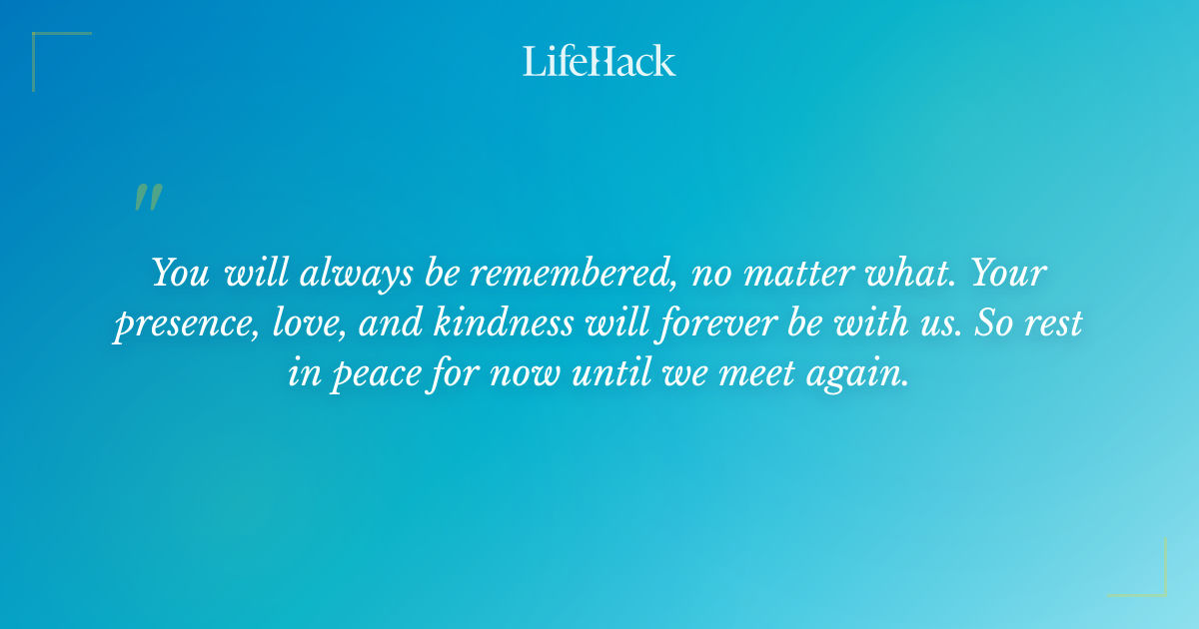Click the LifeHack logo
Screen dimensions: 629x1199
[x=599, y=61]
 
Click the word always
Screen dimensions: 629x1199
[x=346, y=273]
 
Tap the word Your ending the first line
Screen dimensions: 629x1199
[x=1010, y=273]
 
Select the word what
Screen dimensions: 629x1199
[x=905, y=273]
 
